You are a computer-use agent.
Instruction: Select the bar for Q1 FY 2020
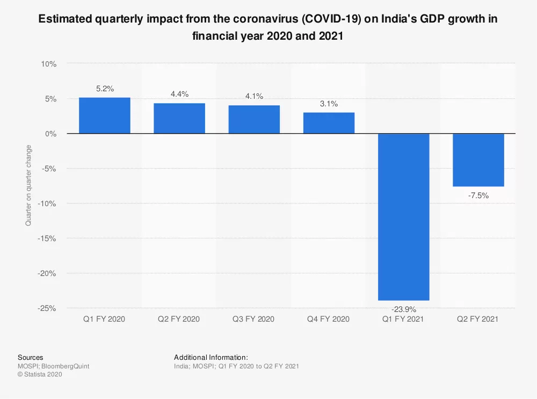click(105, 115)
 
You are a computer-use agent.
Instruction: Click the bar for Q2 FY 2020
click(179, 118)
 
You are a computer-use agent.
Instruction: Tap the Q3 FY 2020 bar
click(254, 119)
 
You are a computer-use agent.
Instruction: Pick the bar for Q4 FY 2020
click(329, 122)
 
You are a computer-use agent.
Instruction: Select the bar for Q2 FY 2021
click(478, 159)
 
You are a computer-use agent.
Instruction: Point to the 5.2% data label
click(105, 89)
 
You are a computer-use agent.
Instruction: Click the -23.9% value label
click(403, 309)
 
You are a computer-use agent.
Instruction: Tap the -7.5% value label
click(478, 195)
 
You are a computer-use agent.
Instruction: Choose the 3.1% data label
click(329, 104)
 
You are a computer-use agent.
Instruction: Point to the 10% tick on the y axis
click(48, 64)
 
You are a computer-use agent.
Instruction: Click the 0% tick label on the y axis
click(50, 134)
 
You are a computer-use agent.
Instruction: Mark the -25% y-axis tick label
click(47, 308)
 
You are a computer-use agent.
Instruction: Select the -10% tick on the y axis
click(47, 204)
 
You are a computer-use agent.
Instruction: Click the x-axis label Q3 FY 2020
click(253, 319)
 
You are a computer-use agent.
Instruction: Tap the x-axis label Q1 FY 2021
click(403, 319)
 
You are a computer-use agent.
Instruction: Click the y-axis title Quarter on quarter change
click(28, 185)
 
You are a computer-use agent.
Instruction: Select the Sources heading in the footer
click(31, 357)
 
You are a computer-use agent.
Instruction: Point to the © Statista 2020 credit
click(40, 375)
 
